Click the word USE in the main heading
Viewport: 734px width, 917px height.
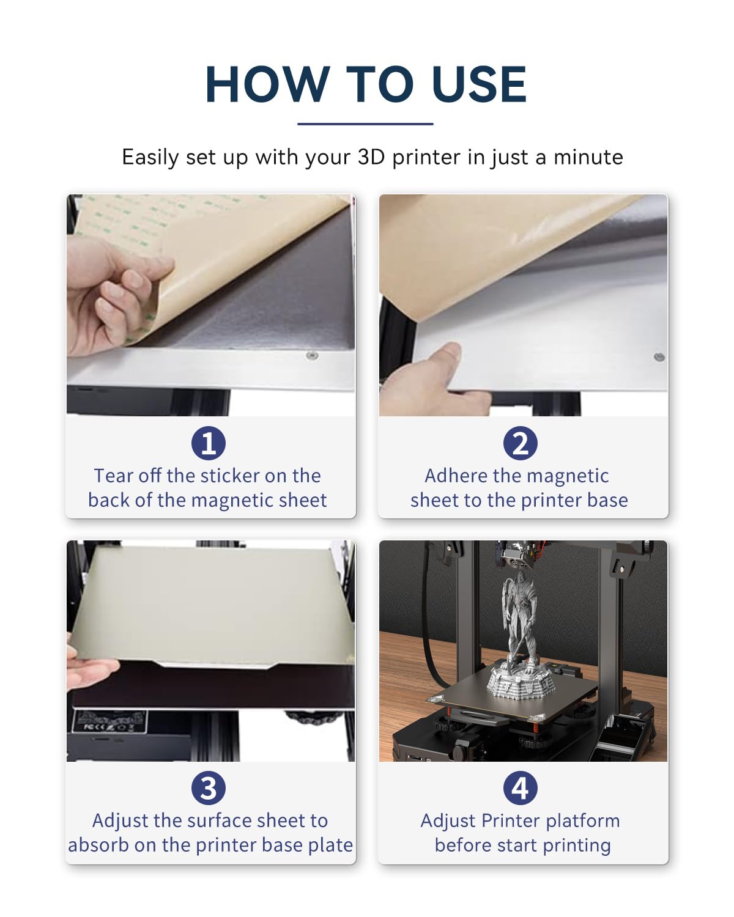479,84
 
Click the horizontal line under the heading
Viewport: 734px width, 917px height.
366,124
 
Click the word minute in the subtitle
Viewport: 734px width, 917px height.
588,157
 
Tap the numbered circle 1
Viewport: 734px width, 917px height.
208,443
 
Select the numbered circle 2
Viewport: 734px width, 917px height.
521,443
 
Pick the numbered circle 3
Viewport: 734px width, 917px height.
208,788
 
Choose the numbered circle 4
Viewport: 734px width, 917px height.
521,788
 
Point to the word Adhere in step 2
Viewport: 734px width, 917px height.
456,476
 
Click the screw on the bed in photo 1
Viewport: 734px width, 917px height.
312,355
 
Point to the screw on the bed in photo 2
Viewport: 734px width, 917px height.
659,357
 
